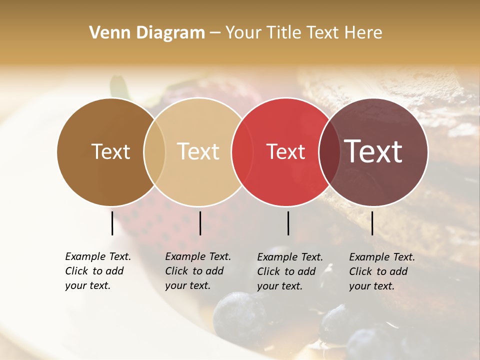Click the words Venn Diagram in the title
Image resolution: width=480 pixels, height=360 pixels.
tap(147, 33)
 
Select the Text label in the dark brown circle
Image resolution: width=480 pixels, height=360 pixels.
tap(110, 151)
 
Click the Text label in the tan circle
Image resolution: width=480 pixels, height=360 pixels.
tap(198, 151)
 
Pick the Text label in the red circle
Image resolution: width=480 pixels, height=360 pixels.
tap(285, 152)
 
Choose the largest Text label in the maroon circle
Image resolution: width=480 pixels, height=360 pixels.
tap(373, 151)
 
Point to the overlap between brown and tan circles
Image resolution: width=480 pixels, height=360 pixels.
tap(154, 151)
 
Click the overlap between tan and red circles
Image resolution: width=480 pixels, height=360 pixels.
tap(242, 151)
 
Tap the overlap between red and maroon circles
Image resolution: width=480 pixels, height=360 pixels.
tap(329, 151)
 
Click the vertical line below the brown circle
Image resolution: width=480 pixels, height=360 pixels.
tap(112, 223)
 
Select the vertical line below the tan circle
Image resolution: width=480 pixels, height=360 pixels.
tap(200, 223)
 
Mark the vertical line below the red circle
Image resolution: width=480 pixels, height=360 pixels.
tap(288, 223)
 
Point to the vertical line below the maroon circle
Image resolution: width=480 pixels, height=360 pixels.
tap(372, 223)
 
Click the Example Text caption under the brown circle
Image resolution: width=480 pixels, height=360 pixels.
tap(98, 271)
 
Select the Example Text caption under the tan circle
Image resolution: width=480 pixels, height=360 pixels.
tap(198, 271)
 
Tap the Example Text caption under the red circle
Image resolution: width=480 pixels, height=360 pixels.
tap(290, 271)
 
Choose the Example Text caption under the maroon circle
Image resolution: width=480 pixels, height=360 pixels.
tap(382, 271)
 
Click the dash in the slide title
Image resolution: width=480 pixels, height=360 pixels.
tap(215, 33)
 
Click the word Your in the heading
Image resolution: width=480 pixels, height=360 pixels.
tap(244, 33)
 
